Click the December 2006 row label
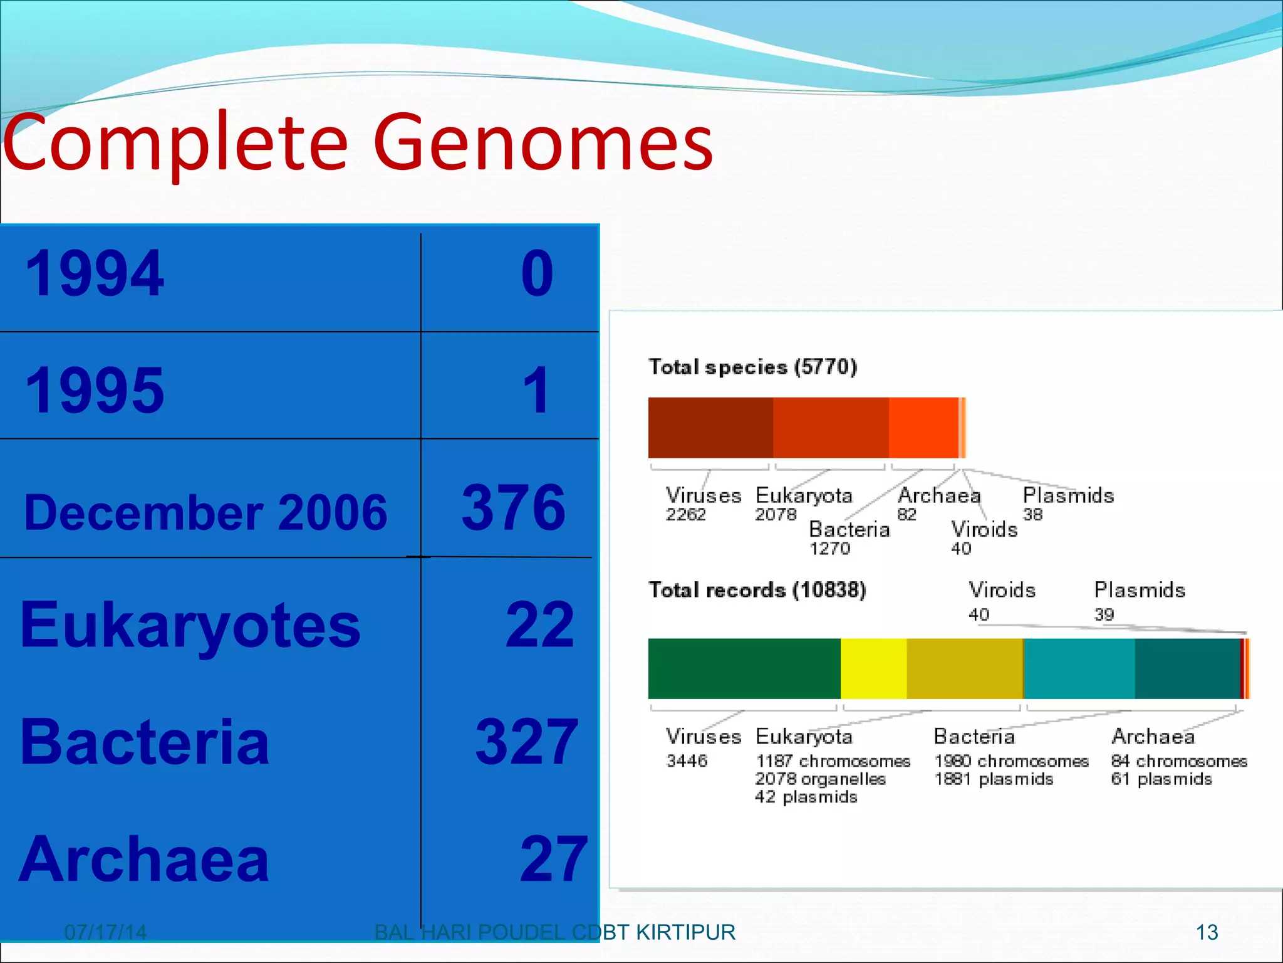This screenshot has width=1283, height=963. coord(205,512)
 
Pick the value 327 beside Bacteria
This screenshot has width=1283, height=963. coord(526,742)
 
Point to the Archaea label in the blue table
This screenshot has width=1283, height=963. coord(144,860)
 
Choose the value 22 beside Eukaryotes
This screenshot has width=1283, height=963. coord(539,624)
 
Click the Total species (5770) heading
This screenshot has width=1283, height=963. coord(752,367)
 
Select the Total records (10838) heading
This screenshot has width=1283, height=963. coord(757,590)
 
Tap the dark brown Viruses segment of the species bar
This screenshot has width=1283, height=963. coord(710,428)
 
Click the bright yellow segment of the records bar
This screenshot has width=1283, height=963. coord(873,668)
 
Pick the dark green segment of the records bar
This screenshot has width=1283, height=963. coord(744,668)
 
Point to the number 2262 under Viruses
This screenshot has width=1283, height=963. coord(685,515)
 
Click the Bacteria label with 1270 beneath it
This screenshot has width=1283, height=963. coord(849,530)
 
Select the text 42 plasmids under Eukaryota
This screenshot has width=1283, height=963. coord(806,797)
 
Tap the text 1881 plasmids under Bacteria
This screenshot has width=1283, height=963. coord(994,779)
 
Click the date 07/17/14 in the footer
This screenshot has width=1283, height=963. coord(105,932)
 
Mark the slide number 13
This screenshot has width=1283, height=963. coord(1207,932)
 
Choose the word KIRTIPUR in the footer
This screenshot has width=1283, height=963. coord(685,932)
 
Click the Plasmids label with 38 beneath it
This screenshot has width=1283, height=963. coord(1068,496)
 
